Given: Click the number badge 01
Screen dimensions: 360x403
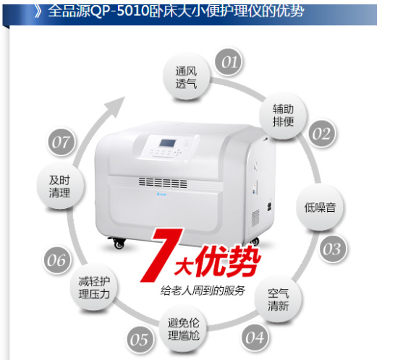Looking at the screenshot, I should click(x=229, y=63).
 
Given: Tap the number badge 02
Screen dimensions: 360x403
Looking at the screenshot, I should click(x=321, y=134).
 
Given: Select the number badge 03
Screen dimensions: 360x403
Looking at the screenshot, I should click(x=331, y=249).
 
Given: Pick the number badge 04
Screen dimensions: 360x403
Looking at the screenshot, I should click(x=254, y=336).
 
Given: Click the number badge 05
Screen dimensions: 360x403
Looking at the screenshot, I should click(x=140, y=340).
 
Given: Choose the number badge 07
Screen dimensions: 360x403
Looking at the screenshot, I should click(x=60, y=142).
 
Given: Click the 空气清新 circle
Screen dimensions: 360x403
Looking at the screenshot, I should click(x=279, y=298).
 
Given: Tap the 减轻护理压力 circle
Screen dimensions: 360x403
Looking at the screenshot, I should click(x=93, y=288).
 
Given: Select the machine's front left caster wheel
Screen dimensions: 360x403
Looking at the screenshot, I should click(x=119, y=243).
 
